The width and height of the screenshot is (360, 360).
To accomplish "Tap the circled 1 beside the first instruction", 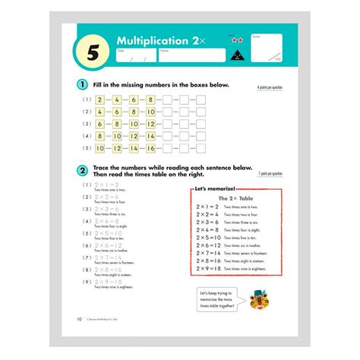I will point(81,84).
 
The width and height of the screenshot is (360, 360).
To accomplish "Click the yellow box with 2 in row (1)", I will point(99,99).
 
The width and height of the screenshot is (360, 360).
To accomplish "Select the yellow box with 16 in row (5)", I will point(150,148).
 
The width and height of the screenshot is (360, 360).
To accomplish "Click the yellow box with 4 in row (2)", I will point(99,111).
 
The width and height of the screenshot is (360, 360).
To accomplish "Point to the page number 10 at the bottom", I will point(80,319).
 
